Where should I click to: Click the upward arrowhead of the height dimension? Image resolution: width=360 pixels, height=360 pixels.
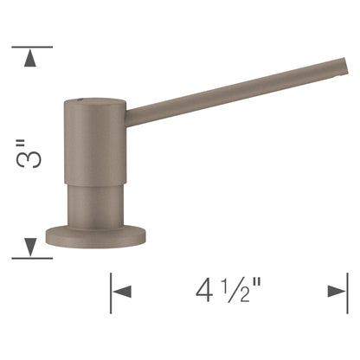[30, 58]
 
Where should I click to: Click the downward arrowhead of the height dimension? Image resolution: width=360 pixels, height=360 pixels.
[30, 247]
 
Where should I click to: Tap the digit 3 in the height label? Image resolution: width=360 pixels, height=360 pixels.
[29, 159]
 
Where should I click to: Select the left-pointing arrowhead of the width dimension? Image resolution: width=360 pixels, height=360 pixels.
[122, 292]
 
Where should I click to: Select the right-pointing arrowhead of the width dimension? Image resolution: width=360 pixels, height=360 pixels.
[337, 292]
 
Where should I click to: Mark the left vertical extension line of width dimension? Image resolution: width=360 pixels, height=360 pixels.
[111, 293]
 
